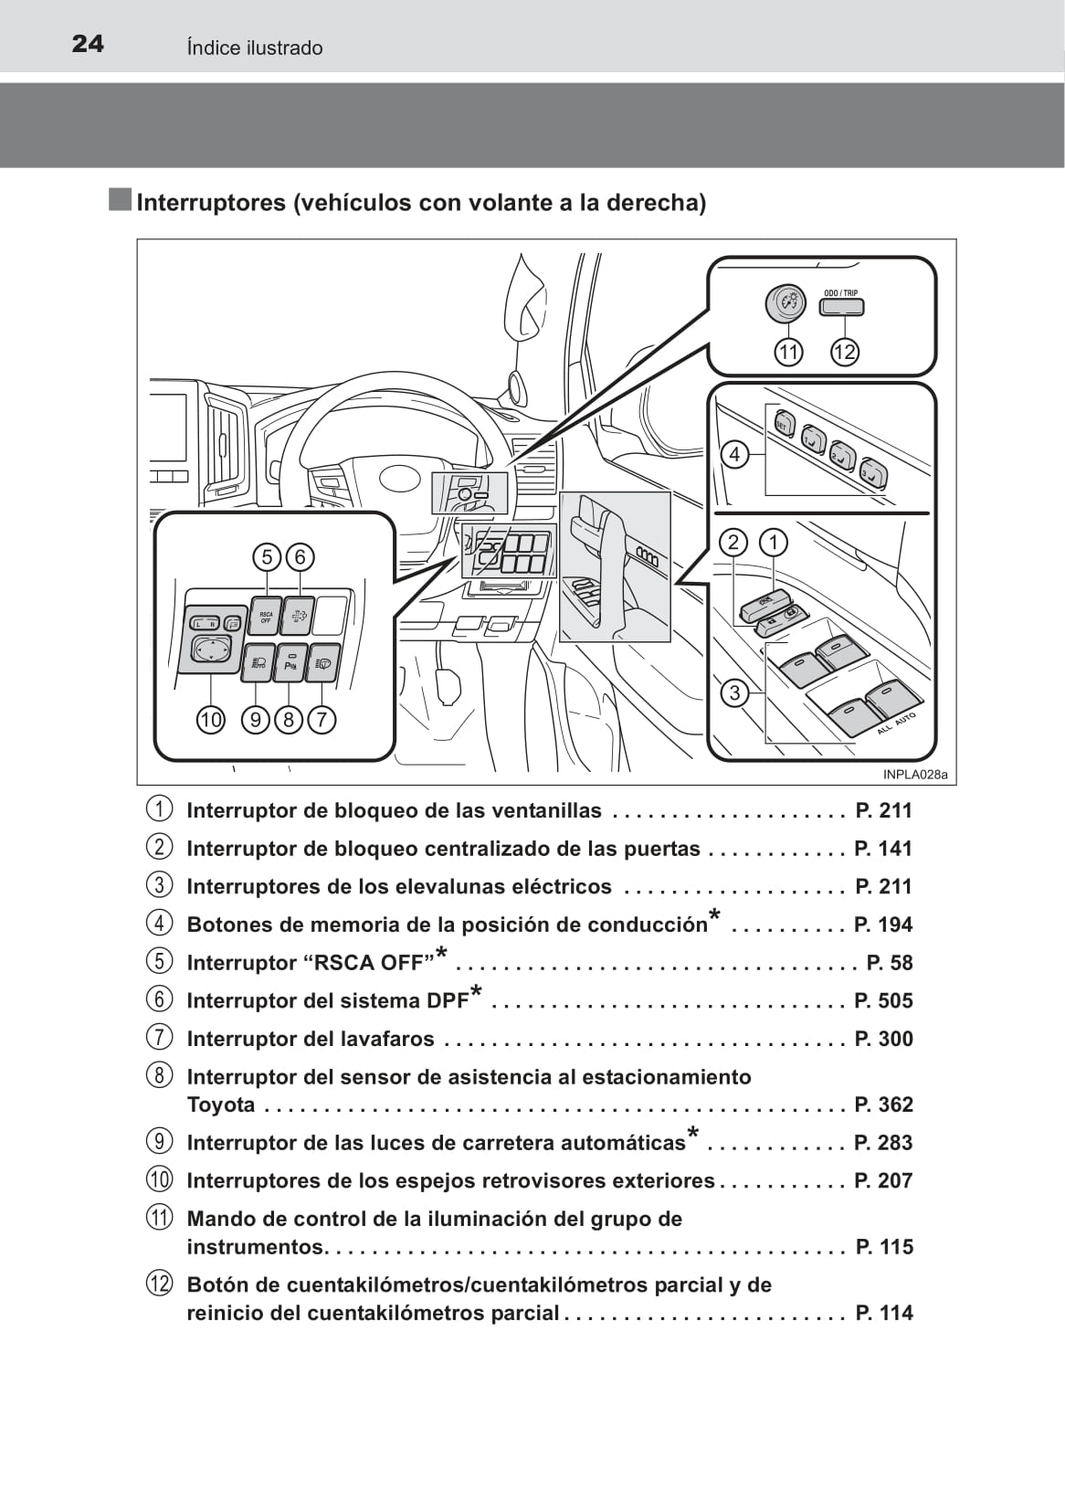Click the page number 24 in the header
click(88, 44)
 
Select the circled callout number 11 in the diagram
click(787, 352)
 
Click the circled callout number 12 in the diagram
click(845, 352)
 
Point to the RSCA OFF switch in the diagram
click(266, 617)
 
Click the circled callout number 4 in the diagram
click(734, 454)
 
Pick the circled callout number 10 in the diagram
click(210, 720)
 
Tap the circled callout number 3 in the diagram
click(734, 692)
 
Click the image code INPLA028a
click(915, 775)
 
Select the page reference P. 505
click(883, 1001)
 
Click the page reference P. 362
click(883, 1105)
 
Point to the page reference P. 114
click(883, 1314)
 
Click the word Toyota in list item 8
click(221, 1105)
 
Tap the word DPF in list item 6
click(448, 1001)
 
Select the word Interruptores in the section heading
click(211, 203)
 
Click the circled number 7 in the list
click(159, 1039)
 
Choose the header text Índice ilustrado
click(255, 48)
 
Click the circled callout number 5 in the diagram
click(267, 556)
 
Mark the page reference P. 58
click(889, 963)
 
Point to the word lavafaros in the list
click(385, 1040)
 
